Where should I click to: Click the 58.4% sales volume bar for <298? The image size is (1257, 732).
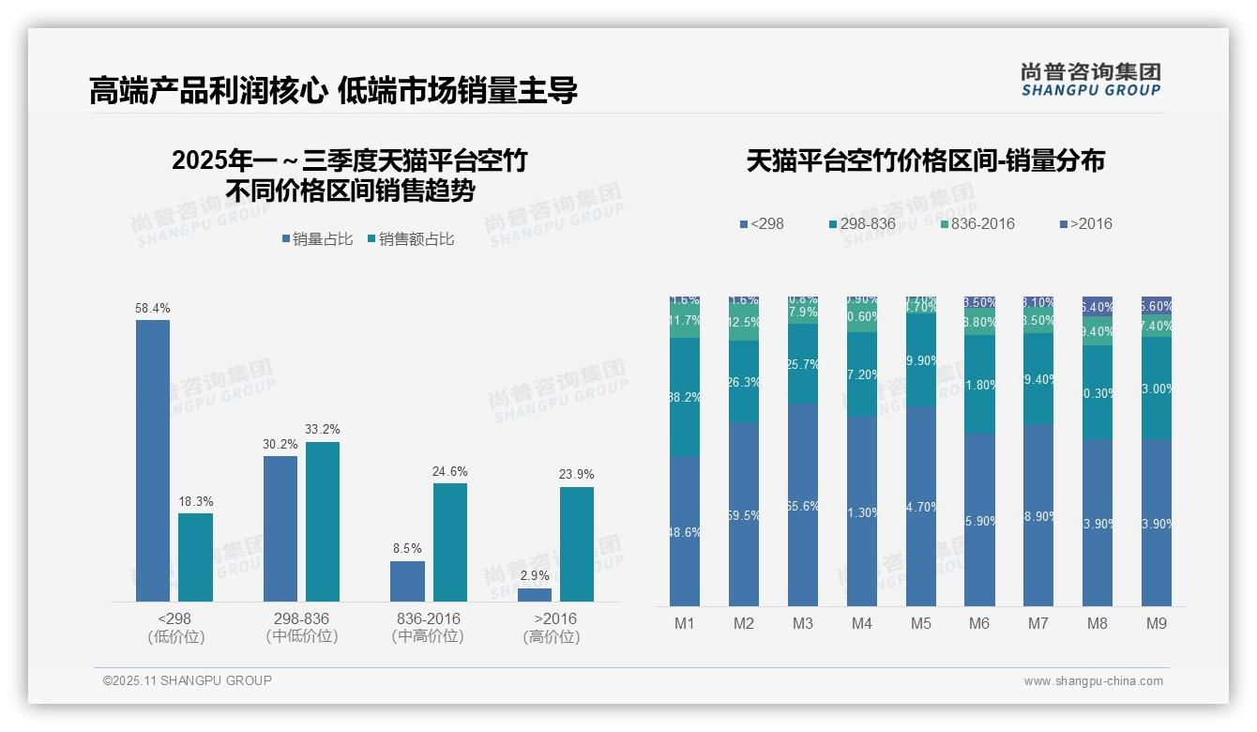click(x=153, y=460)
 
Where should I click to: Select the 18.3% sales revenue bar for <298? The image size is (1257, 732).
click(x=195, y=557)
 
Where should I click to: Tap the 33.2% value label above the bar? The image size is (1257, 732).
click(x=323, y=430)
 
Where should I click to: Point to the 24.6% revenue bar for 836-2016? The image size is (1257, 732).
click(x=449, y=541)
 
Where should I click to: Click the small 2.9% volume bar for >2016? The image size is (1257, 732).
click(x=535, y=594)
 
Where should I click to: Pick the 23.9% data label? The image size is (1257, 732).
click(x=577, y=475)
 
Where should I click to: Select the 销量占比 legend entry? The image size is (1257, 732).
click(x=317, y=239)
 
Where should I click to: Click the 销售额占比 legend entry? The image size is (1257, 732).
click(x=411, y=239)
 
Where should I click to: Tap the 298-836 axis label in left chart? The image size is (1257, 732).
click(x=301, y=619)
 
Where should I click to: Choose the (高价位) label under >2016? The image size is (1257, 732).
click(x=552, y=636)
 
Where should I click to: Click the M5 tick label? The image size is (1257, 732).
click(x=920, y=624)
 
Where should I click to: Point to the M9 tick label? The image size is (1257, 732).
click(x=1157, y=624)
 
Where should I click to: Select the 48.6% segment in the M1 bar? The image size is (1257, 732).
click(x=684, y=530)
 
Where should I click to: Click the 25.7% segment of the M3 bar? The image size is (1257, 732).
click(x=802, y=363)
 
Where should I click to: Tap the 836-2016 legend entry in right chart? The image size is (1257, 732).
click(x=977, y=224)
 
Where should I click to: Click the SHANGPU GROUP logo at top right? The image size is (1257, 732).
click(x=1091, y=80)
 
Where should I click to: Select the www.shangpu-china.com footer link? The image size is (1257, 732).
click(x=1093, y=681)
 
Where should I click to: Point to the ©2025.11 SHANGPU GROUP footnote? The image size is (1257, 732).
click(x=188, y=681)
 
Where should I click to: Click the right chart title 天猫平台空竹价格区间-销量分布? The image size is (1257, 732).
click(x=925, y=161)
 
